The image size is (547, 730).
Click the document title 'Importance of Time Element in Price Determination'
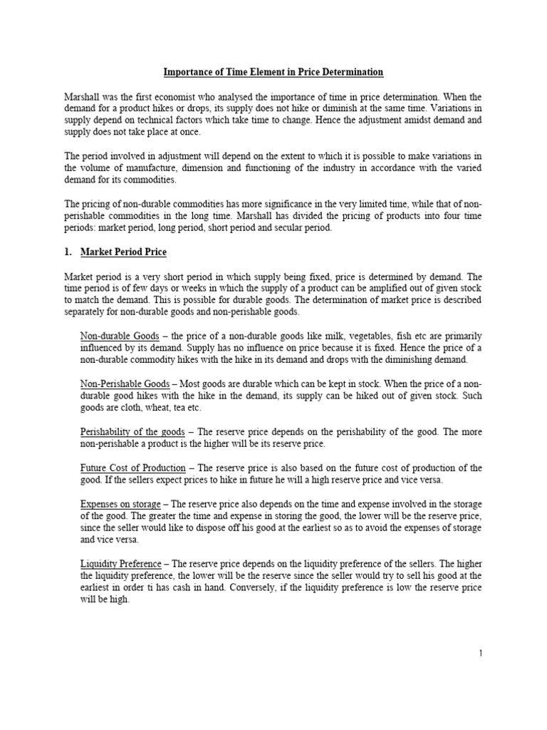pos(273,72)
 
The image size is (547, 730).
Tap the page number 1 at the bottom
pos(481,654)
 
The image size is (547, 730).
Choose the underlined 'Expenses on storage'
pos(120,504)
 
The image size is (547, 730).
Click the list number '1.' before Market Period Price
pos(69,252)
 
